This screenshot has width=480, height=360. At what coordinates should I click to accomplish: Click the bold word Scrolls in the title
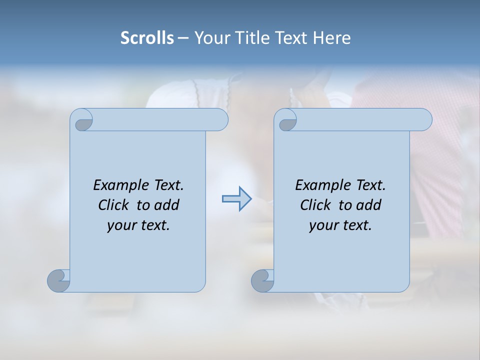[x=147, y=38]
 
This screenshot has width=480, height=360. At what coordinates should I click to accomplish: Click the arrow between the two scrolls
[x=236, y=199]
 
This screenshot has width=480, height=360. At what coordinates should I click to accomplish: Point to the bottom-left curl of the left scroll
[x=59, y=280]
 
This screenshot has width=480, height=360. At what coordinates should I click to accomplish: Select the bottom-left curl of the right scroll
[x=262, y=280]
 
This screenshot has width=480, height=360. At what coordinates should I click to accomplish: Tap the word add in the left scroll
[x=167, y=205]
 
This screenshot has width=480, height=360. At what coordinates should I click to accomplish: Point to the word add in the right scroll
[x=369, y=205]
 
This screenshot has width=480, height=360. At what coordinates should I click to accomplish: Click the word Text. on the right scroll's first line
[x=370, y=185]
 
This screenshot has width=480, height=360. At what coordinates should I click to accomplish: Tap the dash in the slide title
[x=183, y=38]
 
